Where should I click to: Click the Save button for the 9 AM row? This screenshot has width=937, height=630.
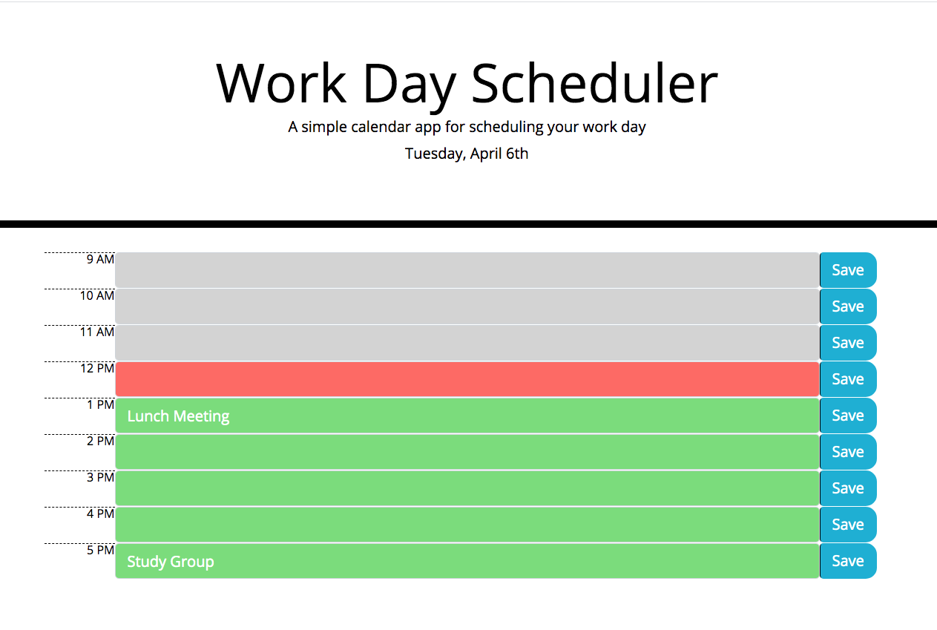(848, 270)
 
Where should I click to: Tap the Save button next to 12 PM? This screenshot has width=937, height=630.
(848, 379)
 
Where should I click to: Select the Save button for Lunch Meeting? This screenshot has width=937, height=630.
(848, 416)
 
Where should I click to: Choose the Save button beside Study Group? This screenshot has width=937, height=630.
(848, 561)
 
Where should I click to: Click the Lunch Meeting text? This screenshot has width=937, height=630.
(178, 416)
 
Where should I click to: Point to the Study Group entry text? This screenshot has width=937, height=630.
(171, 562)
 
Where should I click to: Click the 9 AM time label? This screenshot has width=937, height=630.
(101, 260)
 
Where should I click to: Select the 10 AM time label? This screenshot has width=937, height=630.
(97, 296)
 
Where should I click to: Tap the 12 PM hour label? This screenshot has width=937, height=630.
(97, 369)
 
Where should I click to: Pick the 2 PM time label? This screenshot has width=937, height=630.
(101, 442)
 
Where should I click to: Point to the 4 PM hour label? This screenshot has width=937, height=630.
(101, 514)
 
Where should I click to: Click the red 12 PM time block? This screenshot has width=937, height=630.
(467, 379)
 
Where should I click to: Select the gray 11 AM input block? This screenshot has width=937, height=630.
(467, 343)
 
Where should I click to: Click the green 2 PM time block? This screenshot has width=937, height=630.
(467, 452)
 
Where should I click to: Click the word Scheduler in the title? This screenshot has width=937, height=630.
(594, 83)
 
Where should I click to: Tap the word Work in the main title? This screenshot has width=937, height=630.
(281, 83)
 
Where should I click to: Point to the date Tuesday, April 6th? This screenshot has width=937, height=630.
(467, 154)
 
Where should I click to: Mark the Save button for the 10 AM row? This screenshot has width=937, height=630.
(848, 306)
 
